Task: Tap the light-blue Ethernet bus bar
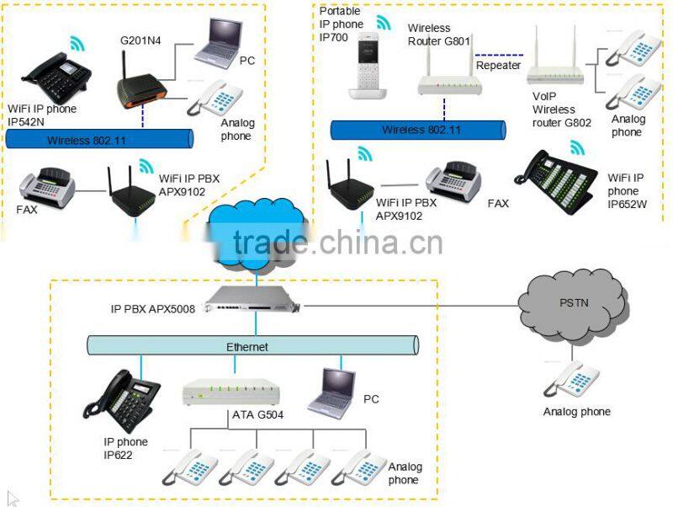coord(252,345)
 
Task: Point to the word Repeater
coord(498,65)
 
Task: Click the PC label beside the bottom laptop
coord(372,398)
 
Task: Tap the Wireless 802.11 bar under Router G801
coord(417,130)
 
